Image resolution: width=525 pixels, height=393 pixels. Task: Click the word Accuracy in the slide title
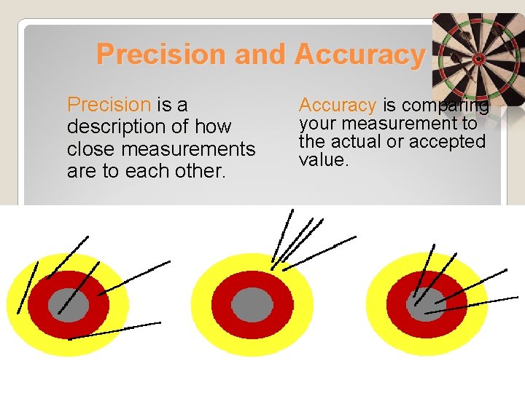359,55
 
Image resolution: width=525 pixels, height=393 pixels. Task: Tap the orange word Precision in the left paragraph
109,106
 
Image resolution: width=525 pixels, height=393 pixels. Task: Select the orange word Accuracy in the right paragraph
338,106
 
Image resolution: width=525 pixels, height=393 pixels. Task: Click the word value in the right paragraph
322,159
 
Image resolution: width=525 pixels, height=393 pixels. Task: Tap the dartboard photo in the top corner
478,58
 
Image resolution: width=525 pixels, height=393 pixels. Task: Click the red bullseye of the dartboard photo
478,57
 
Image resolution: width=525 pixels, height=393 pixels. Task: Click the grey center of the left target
69,304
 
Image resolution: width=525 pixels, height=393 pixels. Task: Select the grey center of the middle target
252,304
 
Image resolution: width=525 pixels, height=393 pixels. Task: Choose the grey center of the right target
425,304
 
